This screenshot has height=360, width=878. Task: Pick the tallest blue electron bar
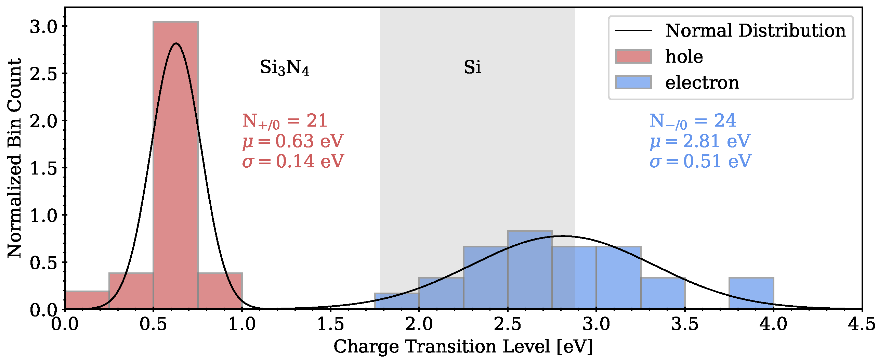[x=530, y=270]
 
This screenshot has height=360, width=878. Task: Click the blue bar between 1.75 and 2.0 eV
[x=397, y=301]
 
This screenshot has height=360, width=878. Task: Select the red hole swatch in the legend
[x=633, y=57]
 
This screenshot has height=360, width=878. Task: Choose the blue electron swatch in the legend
[x=633, y=83]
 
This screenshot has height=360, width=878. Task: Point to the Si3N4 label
[x=285, y=67]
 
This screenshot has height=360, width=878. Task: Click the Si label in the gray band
[x=472, y=67]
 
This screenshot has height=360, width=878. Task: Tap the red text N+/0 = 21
[x=285, y=121]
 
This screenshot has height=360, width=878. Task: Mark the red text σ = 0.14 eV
[x=293, y=162]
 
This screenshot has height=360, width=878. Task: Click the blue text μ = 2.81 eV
[x=700, y=141]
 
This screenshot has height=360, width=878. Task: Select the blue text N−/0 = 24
[x=693, y=121]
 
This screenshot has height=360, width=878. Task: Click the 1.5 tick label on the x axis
[x=330, y=324]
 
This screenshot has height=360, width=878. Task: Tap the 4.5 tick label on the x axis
[x=861, y=324]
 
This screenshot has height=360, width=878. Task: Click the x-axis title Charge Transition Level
[x=463, y=347]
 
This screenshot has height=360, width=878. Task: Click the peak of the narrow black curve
[x=176, y=43]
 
